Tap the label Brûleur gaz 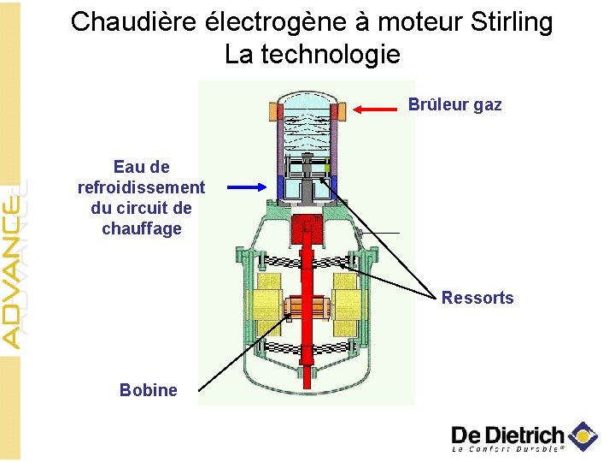click(454, 105)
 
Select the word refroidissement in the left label click(141, 187)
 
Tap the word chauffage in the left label click(141, 228)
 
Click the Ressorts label click(477, 298)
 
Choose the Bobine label click(149, 390)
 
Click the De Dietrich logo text click(507, 434)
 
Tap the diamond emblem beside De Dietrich click(583, 435)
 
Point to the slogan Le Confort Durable click(507, 448)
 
